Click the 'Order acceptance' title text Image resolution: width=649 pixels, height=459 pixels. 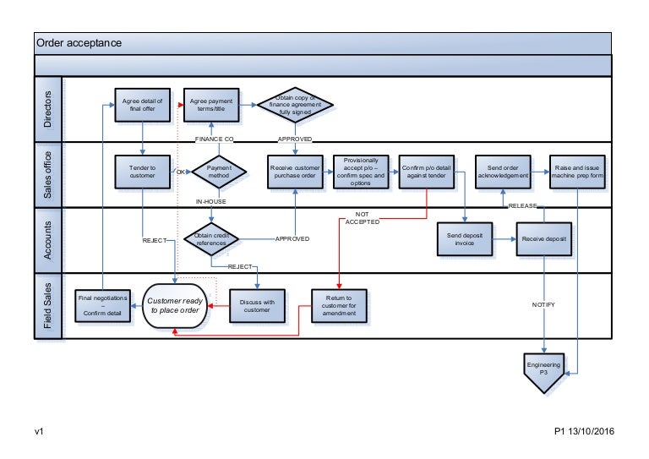(x=79, y=43)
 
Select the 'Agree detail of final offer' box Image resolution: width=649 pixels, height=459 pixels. (x=142, y=106)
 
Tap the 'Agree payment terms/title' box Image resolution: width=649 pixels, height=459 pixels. (x=211, y=106)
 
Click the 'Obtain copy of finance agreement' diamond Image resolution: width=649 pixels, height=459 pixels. (x=295, y=106)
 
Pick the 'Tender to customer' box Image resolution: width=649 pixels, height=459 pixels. (x=142, y=172)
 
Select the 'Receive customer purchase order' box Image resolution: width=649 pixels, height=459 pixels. (x=295, y=172)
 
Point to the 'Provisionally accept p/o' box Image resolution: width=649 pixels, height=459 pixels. (x=361, y=172)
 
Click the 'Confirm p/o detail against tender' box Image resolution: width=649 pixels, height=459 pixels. (x=427, y=172)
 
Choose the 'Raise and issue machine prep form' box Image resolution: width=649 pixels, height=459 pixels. (x=577, y=172)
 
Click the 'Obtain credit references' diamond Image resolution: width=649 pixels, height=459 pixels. (x=211, y=239)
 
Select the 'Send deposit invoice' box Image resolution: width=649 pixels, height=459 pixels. (x=464, y=239)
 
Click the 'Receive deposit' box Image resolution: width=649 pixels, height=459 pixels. (x=544, y=239)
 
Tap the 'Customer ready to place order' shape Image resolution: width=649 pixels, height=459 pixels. (x=175, y=305)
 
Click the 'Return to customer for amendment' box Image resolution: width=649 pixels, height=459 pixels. (x=339, y=305)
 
